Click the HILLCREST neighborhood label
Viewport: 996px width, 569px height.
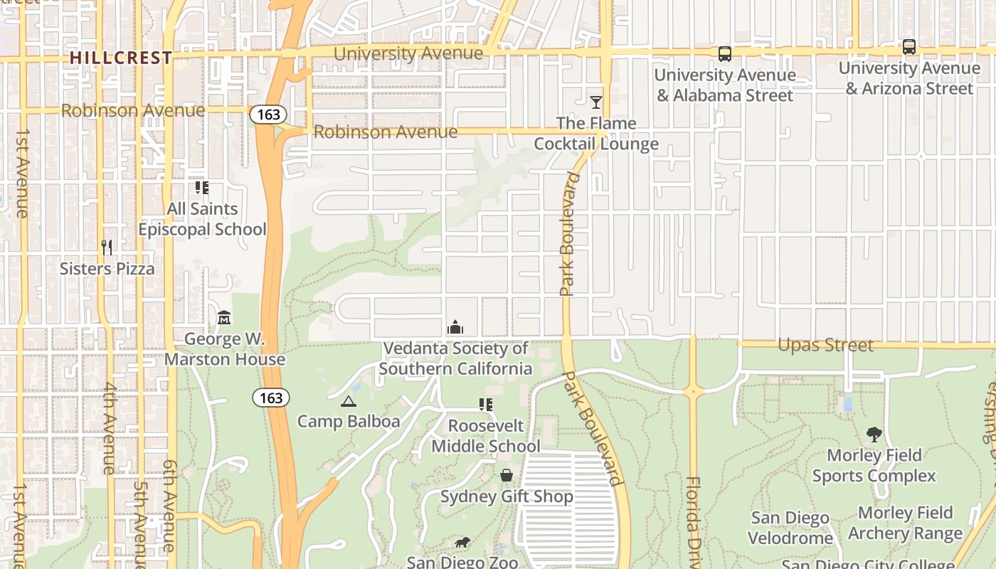(x=121, y=58)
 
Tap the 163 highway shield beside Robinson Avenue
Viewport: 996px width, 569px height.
(x=268, y=114)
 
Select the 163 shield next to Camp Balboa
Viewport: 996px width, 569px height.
(x=271, y=398)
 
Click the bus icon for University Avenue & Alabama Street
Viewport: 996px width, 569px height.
(x=724, y=53)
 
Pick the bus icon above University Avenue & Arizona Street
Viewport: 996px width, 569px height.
(x=908, y=47)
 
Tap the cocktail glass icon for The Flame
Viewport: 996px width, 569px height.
(x=595, y=102)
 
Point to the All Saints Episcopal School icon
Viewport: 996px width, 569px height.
(x=202, y=188)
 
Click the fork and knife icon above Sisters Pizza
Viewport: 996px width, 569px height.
(x=107, y=248)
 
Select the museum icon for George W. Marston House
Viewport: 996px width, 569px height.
(x=224, y=317)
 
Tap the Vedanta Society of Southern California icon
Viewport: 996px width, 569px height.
(x=455, y=327)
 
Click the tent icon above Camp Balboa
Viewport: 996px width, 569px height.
(x=348, y=401)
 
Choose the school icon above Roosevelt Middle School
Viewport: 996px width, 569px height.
(x=486, y=405)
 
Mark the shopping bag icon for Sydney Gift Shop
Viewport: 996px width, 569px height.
(x=507, y=475)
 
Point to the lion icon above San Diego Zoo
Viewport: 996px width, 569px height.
(x=462, y=543)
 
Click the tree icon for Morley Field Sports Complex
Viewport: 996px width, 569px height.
(x=874, y=434)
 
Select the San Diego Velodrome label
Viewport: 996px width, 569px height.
(x=790, y=528)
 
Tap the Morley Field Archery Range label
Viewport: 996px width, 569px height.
(x=905, y=523)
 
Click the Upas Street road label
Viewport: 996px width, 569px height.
(x=825, y=345)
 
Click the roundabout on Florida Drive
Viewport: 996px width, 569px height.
(x=692, y=391)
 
